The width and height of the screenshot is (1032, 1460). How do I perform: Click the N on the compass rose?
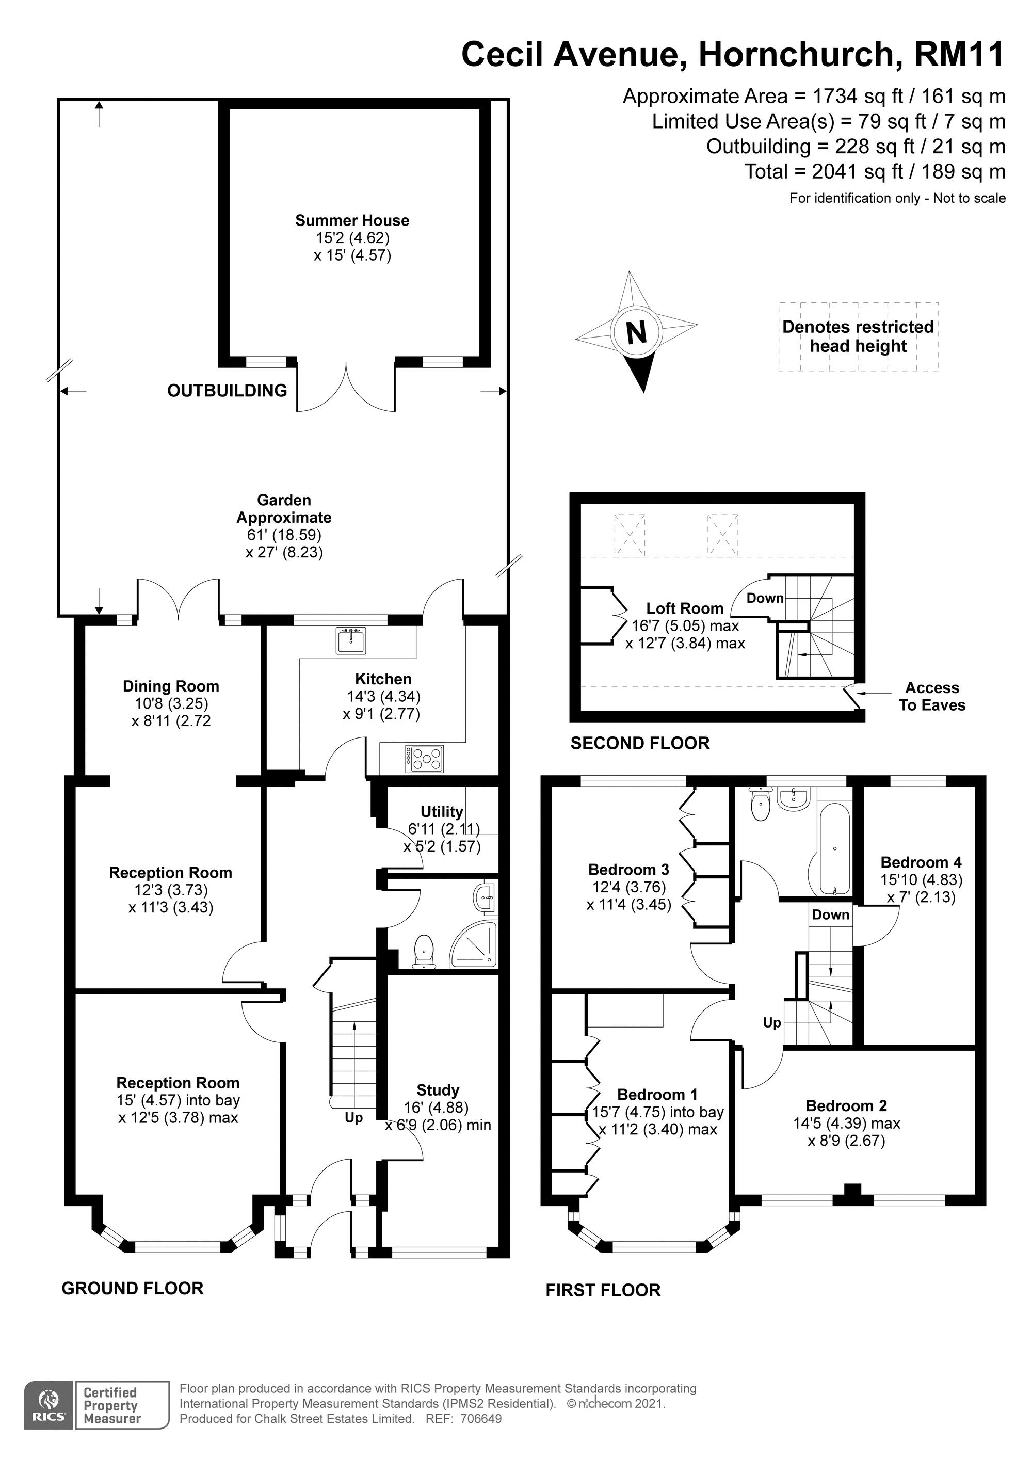637,332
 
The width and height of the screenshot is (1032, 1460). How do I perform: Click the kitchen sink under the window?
351,640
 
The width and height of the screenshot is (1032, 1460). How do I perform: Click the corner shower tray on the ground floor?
477,945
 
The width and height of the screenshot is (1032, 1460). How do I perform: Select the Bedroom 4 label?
921,862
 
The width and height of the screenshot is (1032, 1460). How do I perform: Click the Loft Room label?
685,608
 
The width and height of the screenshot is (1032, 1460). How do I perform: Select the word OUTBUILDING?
227,391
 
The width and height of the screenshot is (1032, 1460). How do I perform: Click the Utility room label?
441,811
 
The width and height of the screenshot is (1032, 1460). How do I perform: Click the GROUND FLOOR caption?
132,1288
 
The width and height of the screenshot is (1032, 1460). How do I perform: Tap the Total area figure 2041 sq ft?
875,172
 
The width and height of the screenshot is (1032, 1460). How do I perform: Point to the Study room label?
438,1090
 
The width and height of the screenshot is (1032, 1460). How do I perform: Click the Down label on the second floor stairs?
764,598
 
